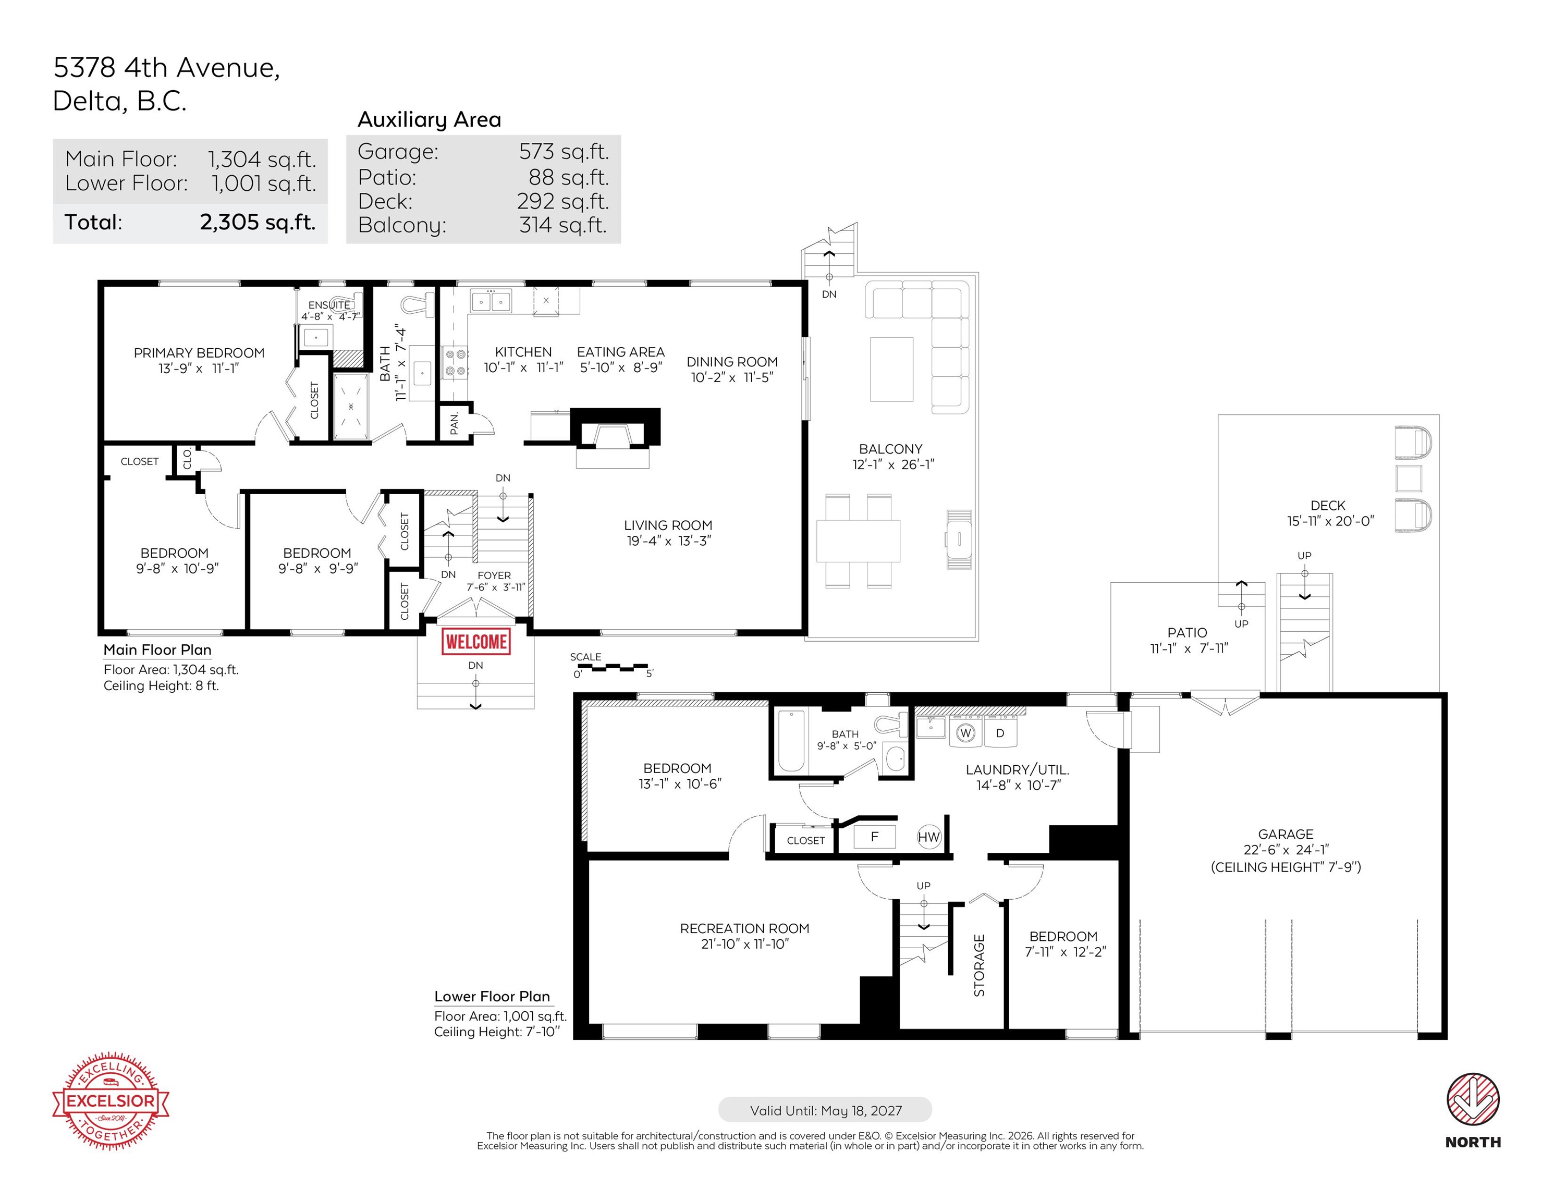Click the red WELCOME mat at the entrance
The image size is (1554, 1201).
[x=476, y=642]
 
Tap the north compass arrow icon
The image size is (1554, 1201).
[x=1473, y=1099]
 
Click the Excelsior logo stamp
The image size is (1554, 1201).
[x=111, y=1101]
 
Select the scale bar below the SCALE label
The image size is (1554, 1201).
[x=611, y=667]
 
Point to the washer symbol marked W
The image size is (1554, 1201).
[x=965, y=733]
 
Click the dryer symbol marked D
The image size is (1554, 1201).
[x=1000, y=733]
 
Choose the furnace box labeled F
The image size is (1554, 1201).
[x=874, y=837]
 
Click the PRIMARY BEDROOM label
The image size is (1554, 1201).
[x=199, y=353]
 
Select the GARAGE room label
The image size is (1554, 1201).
[x=1286, y=834]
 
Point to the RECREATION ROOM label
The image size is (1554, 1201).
[x=745, y=928]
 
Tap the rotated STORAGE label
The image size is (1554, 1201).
[x=979, y=965]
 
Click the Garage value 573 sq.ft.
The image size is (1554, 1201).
[x=564, y=152]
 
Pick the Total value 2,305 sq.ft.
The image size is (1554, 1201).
[x=258, y=222]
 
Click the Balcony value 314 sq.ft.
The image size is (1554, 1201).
[x=563, y=225]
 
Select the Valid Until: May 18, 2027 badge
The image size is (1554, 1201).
[x=825, y=1110]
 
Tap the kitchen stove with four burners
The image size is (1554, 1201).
[x=456, y=362]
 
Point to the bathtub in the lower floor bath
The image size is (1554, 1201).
[x=791, y=741]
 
